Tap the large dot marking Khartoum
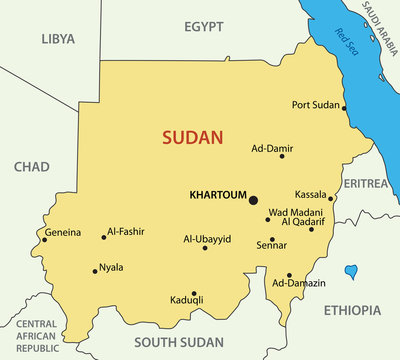click(253, 200)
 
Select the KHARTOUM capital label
click(217, 196)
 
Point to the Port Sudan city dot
click(344, 107)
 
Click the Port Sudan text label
click(315, 104)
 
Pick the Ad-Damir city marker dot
click(282, 156)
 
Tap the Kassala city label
click(311, 194)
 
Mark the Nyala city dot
click(95, 270)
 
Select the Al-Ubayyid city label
click(207, 239)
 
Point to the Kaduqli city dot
click(194, 294)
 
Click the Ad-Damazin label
click(299, 284)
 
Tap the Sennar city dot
click(272, 239)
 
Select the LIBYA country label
click(57, 39)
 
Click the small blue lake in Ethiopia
click(351, 271)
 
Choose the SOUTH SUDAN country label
click(179, 341)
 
